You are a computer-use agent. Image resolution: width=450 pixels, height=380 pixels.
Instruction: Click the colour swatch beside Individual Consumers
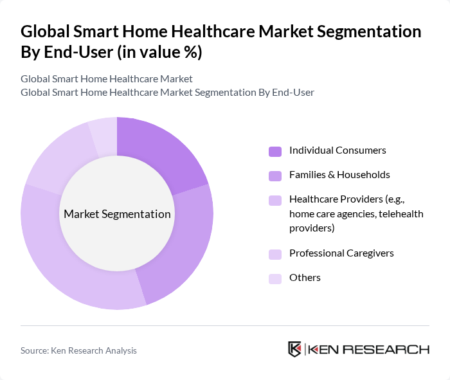click(275, 151)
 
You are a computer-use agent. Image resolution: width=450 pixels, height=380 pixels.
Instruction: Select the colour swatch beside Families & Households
click(275, 176)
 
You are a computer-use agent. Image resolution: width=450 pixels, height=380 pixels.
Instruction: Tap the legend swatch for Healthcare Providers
click(275, 200)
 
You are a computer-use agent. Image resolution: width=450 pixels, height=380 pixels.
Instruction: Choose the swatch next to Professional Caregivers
click(275, 254)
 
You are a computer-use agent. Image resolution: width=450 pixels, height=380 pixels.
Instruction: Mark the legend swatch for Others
click(275, 278)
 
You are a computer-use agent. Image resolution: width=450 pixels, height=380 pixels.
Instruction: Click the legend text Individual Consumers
click(337, 150)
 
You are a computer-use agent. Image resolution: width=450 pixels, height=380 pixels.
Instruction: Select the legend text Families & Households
click(339, 175)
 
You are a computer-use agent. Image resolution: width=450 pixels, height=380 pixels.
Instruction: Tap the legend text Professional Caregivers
click(341, 253)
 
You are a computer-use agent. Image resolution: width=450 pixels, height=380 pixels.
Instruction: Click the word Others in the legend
click(305, 278)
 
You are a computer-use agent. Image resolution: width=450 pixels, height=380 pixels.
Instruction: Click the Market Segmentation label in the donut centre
click(117, 214)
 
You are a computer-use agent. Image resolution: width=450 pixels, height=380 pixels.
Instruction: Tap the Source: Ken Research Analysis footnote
click(78, 350)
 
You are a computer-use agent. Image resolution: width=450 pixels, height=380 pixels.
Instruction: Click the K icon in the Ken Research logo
click(295, 349)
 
